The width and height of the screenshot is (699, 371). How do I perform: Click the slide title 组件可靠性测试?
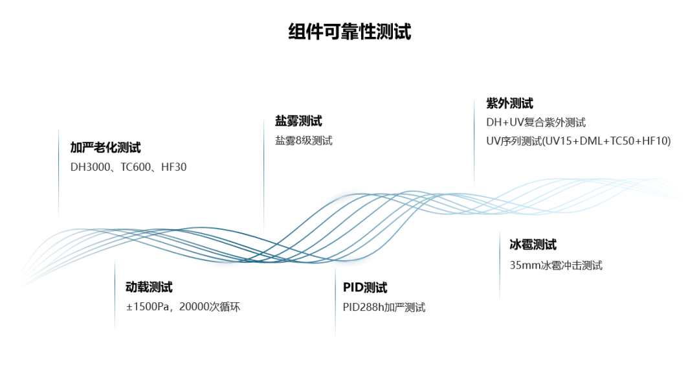click(349, 32)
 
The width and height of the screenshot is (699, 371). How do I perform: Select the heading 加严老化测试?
click(105, 148)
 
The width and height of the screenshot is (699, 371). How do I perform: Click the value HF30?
click(173, 167)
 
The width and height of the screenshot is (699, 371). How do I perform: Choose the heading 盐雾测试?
click(298, 121)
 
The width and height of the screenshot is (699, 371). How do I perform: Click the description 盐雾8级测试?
click(304, 141)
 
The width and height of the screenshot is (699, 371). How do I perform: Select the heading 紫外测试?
click(509, 104)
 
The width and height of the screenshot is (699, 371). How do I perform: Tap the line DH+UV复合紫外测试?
click(536, 122)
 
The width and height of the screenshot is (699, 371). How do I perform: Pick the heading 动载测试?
click(149, 287)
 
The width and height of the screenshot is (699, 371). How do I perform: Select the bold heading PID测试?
click(365, 288)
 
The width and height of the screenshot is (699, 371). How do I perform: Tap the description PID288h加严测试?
click(384, 308)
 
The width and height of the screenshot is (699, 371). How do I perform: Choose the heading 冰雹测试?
click(533, 245)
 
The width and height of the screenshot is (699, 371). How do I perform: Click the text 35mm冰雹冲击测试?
click(556, 265)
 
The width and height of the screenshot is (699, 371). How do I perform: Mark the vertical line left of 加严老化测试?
click(59, 172)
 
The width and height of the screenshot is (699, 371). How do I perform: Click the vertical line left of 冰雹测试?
click(500, 265)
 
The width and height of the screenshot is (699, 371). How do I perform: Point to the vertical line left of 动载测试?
click(115, 295)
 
